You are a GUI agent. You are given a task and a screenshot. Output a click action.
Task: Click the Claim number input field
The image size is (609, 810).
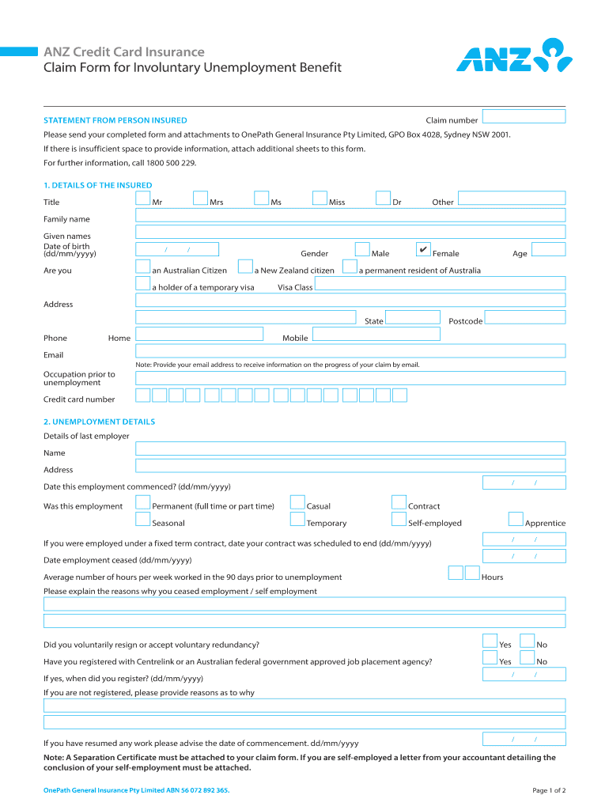pos(524,116)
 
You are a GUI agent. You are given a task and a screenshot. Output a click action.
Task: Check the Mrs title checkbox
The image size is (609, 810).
pos(200,198)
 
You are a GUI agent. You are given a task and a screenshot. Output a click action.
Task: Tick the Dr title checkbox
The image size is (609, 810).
pos(383,198)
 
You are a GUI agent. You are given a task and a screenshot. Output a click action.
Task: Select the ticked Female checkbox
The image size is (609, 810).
pos(423,250)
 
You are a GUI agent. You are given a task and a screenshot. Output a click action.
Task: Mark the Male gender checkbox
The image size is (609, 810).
pos(362,250)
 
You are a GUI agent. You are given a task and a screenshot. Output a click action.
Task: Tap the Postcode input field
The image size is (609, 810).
pos(525,317)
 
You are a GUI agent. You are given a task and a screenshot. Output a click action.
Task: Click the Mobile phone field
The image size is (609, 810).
pos(376,334)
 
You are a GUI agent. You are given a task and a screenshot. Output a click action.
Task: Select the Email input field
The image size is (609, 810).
pos(350,350)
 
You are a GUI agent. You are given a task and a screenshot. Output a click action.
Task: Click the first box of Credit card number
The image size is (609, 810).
pos(143,395)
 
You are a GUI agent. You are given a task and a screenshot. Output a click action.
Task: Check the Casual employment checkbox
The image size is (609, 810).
pos(297,502)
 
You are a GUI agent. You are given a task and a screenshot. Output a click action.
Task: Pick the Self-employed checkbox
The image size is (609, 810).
pos(399,519)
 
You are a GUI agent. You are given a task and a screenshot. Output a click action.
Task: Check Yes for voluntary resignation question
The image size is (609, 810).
pos(490,641)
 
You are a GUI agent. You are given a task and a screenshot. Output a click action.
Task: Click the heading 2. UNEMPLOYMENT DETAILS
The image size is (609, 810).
pos(99,422)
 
